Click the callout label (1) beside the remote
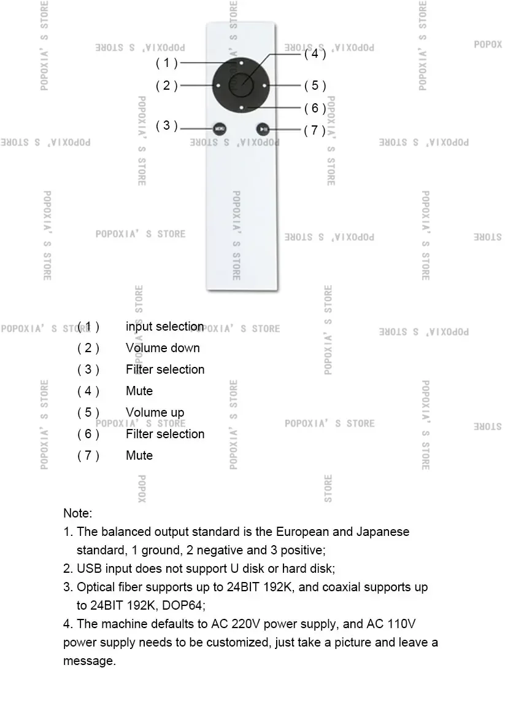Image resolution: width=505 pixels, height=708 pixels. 166,63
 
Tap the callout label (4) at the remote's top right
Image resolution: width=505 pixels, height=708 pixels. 315,53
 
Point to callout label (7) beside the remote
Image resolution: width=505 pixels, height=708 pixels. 315,130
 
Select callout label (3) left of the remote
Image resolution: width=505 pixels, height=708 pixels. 166,125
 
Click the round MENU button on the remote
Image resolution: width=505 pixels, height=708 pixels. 219,128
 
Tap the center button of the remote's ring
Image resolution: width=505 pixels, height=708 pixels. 241,85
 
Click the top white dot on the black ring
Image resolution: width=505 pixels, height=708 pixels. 241,63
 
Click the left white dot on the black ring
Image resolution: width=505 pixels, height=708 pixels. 218,85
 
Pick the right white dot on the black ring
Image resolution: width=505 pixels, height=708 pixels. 264,85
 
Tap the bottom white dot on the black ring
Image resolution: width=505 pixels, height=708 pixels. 241,108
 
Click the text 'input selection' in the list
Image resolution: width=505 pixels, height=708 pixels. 164,326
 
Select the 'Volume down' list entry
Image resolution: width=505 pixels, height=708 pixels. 163,348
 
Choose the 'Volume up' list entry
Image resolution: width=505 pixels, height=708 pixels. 155,412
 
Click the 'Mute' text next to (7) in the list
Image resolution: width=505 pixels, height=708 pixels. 139,455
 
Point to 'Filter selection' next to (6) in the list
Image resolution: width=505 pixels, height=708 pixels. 165,434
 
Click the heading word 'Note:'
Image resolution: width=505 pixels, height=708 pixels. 77,513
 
